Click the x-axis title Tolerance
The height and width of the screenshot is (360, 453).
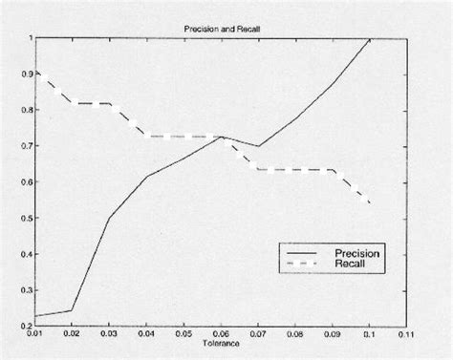pos(222,343)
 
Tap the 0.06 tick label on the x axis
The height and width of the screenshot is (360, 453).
pos(221,334)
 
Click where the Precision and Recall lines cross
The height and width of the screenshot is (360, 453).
pos(222,137)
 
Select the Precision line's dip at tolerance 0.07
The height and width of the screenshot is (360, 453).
pos(258,146)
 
